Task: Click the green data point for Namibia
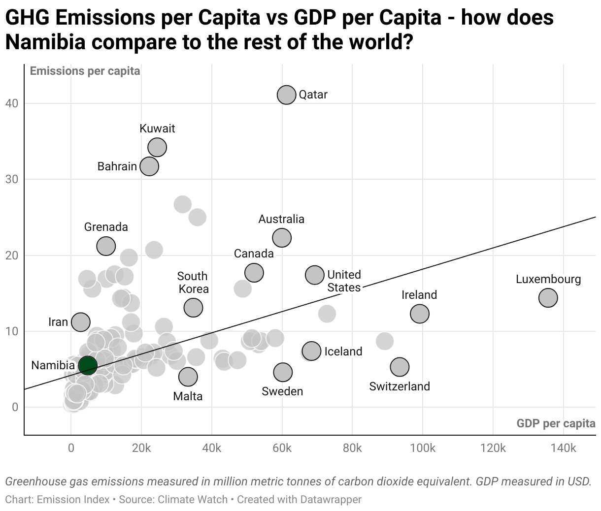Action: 88,365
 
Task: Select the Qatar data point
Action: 286,95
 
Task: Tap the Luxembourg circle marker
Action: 548,297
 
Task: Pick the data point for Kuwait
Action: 157,147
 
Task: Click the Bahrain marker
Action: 149,166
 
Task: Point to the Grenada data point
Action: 106,246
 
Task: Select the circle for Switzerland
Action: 400,367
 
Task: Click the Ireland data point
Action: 419,313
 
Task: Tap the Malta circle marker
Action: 188,377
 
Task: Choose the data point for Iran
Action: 80,322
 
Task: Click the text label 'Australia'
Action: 281,219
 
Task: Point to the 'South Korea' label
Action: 193,283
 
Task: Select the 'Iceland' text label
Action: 343,351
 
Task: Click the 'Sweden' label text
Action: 282,391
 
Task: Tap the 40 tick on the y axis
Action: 12,103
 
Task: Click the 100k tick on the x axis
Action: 423,448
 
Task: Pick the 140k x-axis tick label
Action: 563,448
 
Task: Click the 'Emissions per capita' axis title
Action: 85,71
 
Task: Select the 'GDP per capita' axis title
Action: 556,423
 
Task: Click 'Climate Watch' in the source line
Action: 193,500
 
